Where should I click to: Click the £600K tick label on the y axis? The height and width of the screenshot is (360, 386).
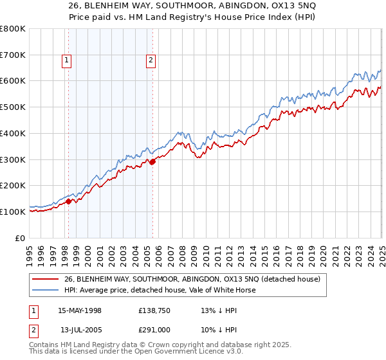pos(13,81)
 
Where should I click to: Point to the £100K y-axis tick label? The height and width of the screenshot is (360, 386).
pos(13,212)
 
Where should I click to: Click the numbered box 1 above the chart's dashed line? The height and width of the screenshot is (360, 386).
pos(67,61)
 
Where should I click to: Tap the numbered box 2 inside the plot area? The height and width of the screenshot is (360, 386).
pos(151,61)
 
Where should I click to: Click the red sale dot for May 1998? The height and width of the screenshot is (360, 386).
pos(68,201)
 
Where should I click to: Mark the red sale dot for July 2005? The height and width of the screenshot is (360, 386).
pos(152,162)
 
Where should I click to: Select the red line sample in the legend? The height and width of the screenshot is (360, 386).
pos(46,279)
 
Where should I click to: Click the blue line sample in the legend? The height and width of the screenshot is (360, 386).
pos(46,290)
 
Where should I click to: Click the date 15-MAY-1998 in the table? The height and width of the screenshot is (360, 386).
pos(80,310)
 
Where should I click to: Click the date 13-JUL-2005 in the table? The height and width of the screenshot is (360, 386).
pos(80,330)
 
